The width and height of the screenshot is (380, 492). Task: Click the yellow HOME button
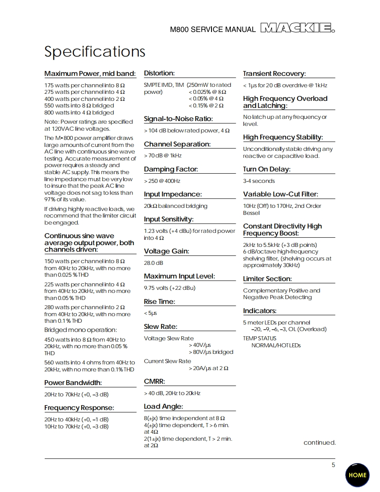[357, 475]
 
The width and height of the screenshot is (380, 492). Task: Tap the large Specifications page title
[95, 52]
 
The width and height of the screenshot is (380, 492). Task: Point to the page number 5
[333, 465]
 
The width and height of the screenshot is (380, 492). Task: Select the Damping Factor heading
[171, 169]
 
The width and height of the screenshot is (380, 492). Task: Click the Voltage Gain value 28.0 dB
[154, 263]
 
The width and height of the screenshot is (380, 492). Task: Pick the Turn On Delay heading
[267, 169]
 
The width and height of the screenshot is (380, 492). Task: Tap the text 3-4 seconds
[259, 181]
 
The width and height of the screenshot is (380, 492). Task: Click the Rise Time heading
[159, 302]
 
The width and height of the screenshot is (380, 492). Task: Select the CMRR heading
[154, 381]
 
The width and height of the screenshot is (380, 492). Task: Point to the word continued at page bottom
[319, 442]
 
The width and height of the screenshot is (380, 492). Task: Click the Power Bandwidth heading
[73, 383]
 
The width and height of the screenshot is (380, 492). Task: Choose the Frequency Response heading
[79, 408]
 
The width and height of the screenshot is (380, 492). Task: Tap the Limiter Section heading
[267, 279]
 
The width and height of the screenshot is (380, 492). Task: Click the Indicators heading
[260, 311]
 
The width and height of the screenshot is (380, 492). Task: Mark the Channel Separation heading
[177, 144]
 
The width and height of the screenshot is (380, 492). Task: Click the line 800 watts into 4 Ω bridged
[79, 113]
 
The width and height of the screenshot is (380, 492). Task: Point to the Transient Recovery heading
[274, 74]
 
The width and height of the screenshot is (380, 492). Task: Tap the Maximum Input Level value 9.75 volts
[170, 288]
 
